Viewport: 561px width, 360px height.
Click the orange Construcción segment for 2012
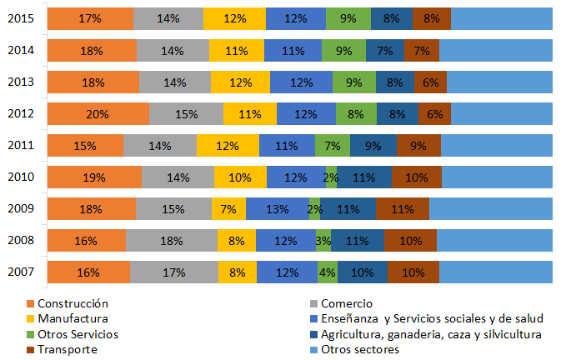98,114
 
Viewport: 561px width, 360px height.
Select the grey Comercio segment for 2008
171,240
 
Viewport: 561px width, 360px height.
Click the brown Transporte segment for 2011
418,146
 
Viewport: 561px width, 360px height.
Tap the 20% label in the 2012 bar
98,114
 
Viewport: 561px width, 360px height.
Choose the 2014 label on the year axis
21,50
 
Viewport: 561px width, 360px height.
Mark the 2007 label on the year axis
21,272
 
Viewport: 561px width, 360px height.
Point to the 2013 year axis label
21,82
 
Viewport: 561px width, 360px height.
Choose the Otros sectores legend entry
360,349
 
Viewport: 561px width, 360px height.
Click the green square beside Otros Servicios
31,334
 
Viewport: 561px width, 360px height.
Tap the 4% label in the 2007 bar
328,272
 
